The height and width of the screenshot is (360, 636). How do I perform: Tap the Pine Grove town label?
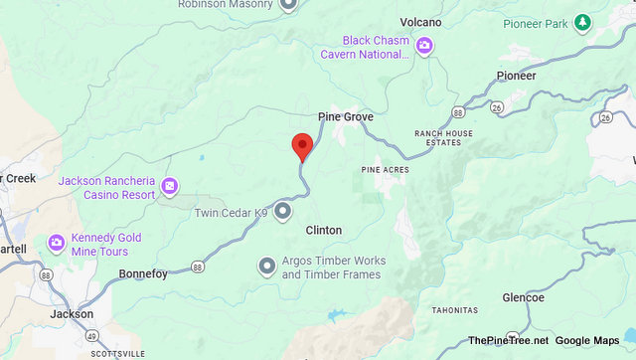(x=346, y=116)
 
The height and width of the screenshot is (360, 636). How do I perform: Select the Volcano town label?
(x=420, y=21)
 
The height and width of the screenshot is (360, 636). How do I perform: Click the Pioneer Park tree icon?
(x=583, y=22)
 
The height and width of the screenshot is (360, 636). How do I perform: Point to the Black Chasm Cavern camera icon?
(x=424, y=45)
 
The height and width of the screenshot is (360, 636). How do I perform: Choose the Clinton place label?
(x=323, y=230)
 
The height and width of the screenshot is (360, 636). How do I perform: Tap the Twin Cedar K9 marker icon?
(x=283, y=211)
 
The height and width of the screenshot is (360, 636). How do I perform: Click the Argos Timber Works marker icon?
(x=266, y=266)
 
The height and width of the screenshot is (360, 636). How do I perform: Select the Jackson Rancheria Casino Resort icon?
(x=169, y=186)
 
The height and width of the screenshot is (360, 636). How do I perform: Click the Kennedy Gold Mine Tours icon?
(x=57, y=243)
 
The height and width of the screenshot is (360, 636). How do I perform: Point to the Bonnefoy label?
(x=143, y=272)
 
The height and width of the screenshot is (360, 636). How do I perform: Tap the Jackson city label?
(x=72, y=313)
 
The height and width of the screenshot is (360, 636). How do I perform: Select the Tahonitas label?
(x=454, y=310)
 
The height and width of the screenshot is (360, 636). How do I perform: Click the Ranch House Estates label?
(x=443, y=138)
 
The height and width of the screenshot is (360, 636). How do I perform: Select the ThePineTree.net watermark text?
(x=508, y=340)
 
